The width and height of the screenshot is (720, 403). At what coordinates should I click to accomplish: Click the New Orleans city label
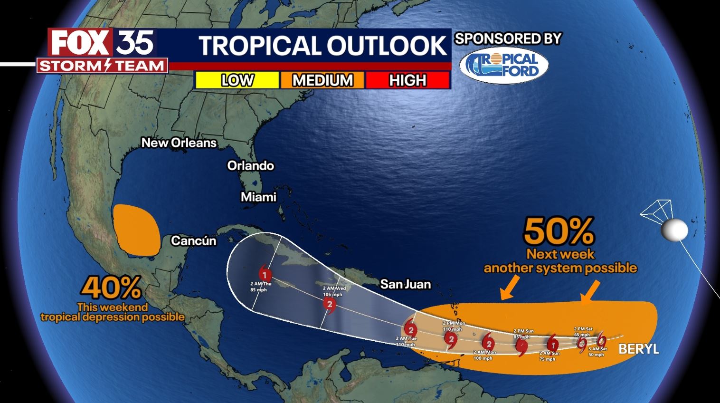click(x=179, y=143)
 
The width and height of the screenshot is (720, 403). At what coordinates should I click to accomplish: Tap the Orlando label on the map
click(x=250, y=165)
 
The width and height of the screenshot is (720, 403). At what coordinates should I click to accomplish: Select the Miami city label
click(x=258, y=197)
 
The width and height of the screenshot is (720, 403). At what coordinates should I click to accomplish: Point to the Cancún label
click(x=193, y=240)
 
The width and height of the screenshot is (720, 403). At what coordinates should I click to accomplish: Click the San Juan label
click(x=405, y=284)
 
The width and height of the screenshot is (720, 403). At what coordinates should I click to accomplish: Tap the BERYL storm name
click(x=638, y=349)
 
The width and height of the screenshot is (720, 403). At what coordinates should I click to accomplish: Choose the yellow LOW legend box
click(x=237, y=80)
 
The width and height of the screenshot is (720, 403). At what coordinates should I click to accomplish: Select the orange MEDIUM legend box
click(x=322, y=80)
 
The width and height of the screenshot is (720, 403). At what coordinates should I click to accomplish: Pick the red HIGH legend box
click(x=407, y=80)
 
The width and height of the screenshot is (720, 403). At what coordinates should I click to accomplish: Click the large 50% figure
click(x=559, y=231)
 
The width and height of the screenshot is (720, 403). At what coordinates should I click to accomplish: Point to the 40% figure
click(x=112, y=287)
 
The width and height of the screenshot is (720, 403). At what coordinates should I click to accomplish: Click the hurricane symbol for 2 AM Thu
click(x=265, y=274)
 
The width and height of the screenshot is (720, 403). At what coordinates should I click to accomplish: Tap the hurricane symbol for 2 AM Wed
click(x=330, y=305)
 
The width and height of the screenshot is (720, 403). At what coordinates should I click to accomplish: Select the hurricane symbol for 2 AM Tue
click(x=411, y=329)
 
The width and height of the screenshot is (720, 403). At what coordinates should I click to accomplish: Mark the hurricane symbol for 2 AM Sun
click(x=552, y=342)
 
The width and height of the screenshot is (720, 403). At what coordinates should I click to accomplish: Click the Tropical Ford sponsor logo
click(x=504, y=66)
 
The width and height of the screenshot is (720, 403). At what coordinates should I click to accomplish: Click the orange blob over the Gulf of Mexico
click(x=136, y=229)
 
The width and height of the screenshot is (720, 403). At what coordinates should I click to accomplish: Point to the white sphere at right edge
click(x=674, y=230)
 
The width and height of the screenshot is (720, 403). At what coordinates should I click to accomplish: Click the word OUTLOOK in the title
click(x=386, y=46)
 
